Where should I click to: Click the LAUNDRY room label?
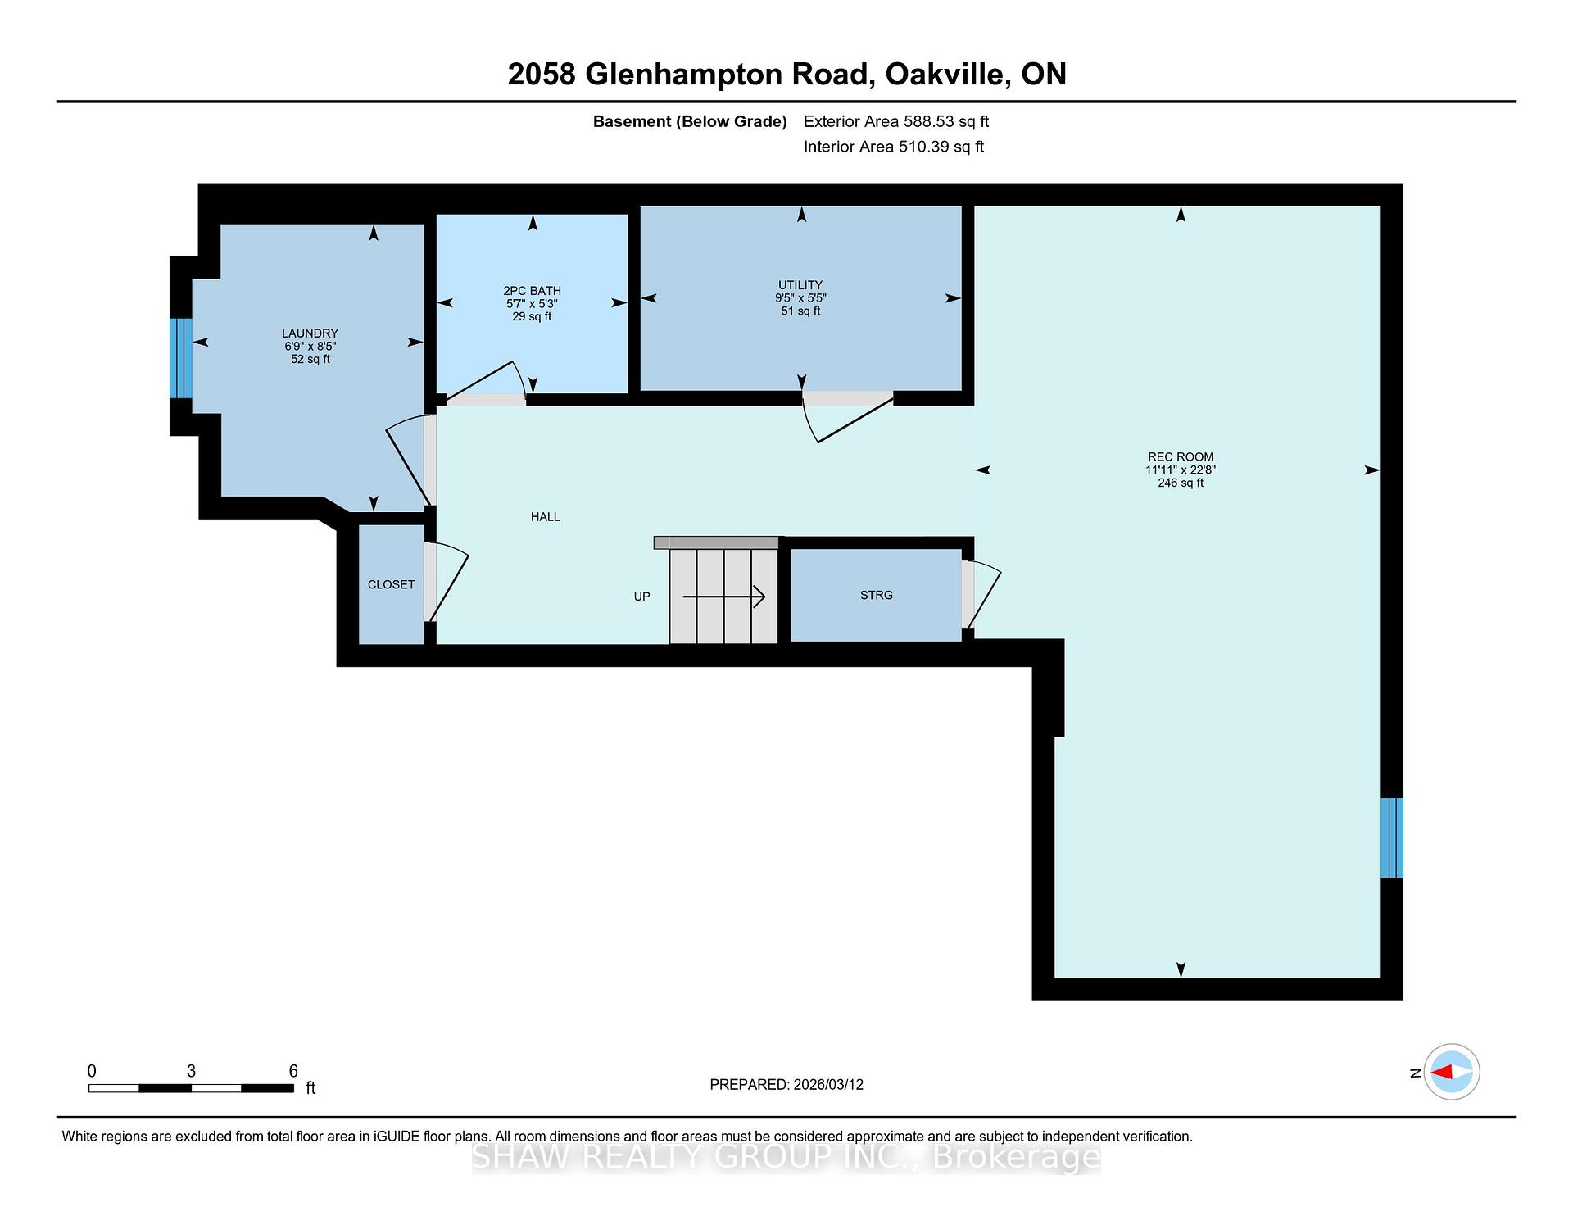click(310, 333)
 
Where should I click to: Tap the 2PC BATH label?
click(532, 291)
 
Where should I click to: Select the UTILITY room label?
click(800, 285)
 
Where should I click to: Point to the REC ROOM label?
click(1181, 457)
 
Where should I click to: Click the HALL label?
click(546, 517)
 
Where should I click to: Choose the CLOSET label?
click(392, 585)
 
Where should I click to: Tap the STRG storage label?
click(877, 595)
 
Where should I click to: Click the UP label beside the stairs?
click(642, 597)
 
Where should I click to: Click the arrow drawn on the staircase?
click(724, 597)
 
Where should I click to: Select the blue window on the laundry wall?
click(181, 358)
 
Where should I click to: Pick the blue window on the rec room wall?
click(1392, 837)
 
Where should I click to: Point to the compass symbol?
click(1452, 1072)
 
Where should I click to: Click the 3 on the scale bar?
click(191, 1071)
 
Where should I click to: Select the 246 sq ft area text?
click(1181, 483)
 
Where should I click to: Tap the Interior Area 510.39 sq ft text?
click(894, 147)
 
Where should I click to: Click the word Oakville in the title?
click(947, 75)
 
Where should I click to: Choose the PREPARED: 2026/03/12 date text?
click(786, 1085)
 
